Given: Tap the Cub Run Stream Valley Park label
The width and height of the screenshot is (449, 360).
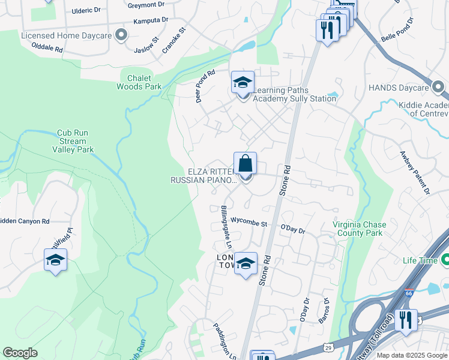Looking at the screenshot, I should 76,141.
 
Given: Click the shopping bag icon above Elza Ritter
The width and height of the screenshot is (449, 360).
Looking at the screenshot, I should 245,163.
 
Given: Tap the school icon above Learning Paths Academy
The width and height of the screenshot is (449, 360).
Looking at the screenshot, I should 243,82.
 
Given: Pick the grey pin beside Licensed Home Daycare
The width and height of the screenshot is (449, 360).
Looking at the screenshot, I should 122,35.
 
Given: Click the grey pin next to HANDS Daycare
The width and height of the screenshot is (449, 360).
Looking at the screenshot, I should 439,88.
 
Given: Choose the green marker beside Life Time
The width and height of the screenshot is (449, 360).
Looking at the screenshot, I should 445,260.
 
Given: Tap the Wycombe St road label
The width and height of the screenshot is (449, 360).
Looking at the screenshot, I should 249,223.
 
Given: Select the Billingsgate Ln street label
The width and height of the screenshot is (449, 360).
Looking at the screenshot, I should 226,227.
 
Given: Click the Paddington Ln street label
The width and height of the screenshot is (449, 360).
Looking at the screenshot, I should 223,340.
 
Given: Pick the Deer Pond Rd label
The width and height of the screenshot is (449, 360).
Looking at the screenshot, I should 205,87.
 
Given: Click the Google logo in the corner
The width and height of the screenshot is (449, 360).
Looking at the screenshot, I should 20,353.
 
